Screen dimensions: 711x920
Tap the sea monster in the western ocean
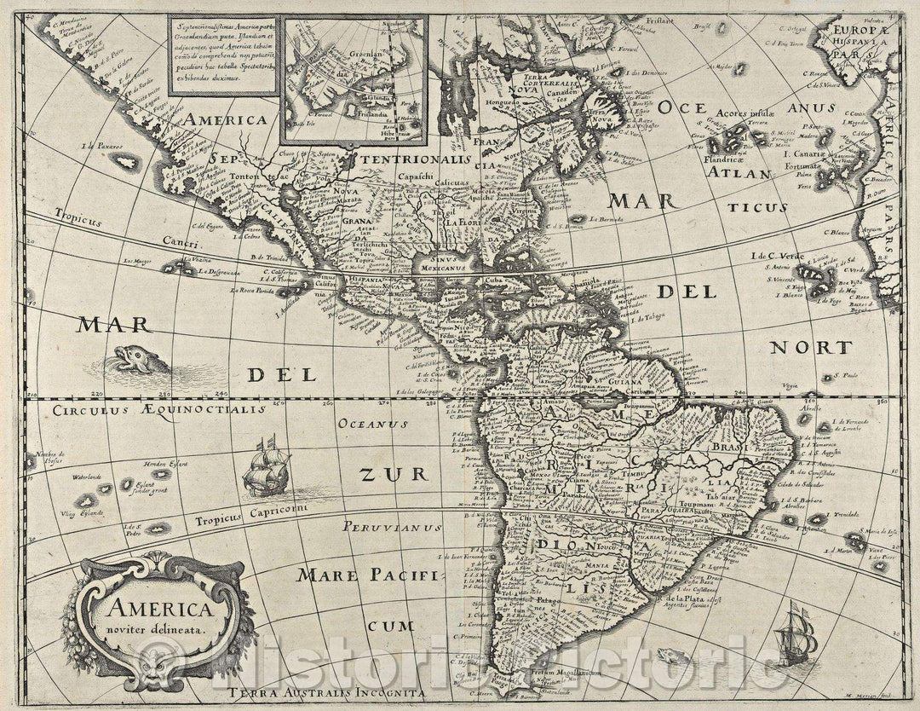click(x=133, y=359)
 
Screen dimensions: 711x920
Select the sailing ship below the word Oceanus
click(x=266, y=468)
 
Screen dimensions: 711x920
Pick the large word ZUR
click(x=380, y=474)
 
